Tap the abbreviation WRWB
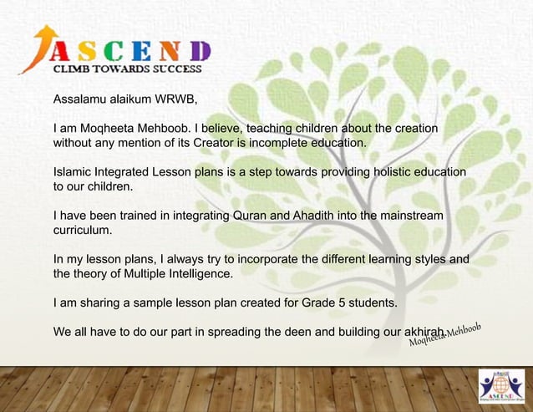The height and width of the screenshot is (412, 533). pos(175,100)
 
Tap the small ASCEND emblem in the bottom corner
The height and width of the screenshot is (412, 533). pos(501,386)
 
